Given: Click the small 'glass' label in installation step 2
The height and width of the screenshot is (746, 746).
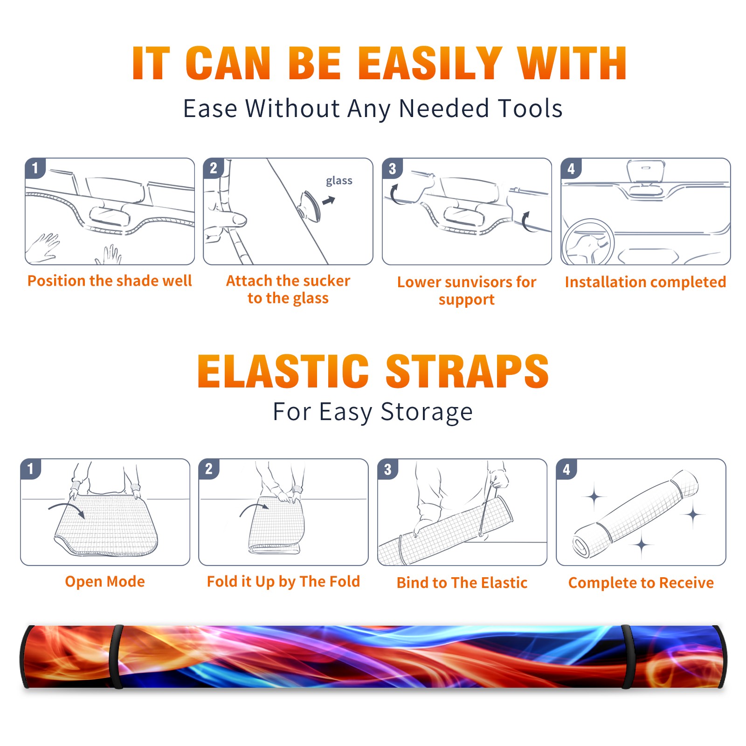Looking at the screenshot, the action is pos(339,181).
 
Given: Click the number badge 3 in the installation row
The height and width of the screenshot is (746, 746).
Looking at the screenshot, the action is pos(392,169).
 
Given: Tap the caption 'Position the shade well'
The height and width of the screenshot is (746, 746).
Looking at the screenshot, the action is pos(110,281).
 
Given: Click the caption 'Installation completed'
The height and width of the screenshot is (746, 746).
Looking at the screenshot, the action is pos(645,282).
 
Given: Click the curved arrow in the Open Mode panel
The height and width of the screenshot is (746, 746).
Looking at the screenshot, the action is pos(67,508).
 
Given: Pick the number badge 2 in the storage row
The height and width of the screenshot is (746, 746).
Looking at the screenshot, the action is pos(209,469).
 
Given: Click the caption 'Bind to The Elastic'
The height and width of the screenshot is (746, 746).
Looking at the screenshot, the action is pos(462,583).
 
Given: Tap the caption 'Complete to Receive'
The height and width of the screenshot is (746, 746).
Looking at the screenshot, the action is pos(641,583).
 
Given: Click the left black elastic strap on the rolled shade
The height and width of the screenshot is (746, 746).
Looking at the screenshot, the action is pos(116,657).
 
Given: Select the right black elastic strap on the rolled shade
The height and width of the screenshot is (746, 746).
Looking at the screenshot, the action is pos(627,657).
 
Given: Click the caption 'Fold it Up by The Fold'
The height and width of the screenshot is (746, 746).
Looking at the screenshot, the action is pos(283,582).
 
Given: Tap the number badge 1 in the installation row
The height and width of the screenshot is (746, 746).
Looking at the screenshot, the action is pos(35,168).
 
